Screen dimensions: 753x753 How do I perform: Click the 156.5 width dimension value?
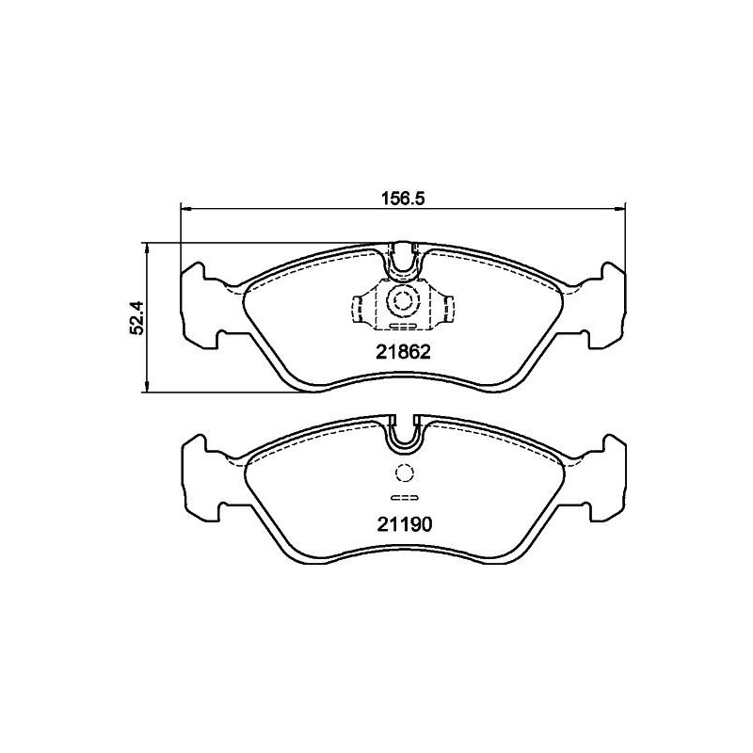404,199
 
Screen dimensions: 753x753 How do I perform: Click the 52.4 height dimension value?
137,317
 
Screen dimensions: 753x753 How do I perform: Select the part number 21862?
403,354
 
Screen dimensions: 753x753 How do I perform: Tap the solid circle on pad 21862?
403,302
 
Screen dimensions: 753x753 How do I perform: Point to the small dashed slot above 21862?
403,327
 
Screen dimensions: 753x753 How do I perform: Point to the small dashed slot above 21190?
403,498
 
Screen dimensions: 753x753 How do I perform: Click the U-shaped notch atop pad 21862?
403,261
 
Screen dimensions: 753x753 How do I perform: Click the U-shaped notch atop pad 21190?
403,432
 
